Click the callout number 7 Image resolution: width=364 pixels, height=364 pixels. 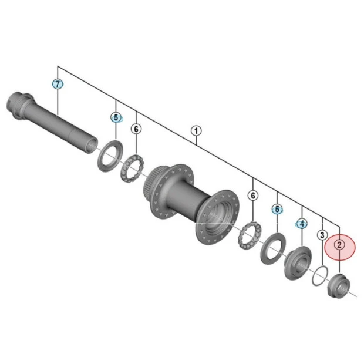pos(58,84)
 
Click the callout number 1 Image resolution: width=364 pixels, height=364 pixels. pos(196,131)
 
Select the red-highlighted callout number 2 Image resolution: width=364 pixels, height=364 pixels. pos(339,245)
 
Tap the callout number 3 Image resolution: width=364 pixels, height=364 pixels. pos(322,235)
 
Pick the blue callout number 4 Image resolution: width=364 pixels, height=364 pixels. pos(302,224)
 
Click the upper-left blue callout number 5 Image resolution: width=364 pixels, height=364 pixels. pos(116,117)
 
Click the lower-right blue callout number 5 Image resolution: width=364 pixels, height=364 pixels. pos(277,210)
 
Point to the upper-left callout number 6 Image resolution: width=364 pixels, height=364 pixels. pos(136,129)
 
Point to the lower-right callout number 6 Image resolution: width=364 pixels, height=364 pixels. pos(253,196)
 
